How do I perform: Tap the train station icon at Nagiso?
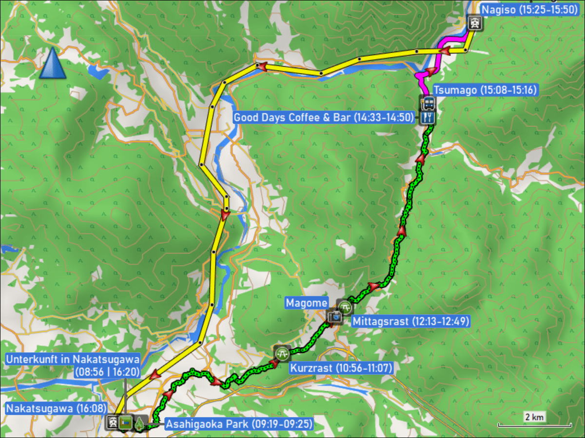click(474, 22)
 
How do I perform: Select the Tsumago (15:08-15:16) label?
click(485, 90)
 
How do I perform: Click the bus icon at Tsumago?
click(428, 103)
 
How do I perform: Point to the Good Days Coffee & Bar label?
click(324, 117)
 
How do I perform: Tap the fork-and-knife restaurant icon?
click(428, 117)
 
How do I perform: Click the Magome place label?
click(307, 303)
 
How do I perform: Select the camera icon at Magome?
click(334, 316)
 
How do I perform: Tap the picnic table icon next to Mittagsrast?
click(345, 307)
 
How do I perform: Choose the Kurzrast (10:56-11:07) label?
click(341, 367)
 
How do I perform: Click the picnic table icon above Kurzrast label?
click(282, 353)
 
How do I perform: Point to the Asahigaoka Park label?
click(238, 424)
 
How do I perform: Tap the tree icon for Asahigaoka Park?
click(140, 423)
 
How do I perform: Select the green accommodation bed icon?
click(126, 423)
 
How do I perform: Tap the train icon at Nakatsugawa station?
click(113, 423)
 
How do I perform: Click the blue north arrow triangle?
click(53, 65)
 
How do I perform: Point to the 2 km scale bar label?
click(534, 417)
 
